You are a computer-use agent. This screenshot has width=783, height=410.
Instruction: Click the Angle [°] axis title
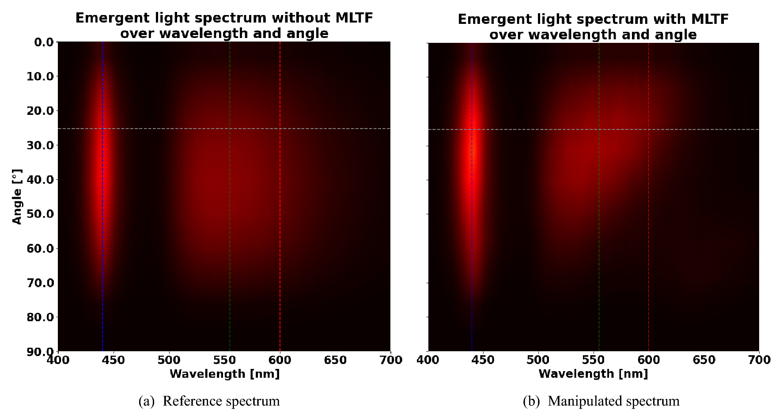coord(17,197)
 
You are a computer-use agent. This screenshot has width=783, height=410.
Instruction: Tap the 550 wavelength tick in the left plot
coord(225,360)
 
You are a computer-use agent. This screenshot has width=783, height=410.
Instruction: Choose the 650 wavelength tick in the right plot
coord(704,360)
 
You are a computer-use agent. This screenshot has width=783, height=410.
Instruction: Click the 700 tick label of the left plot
coord(390,360)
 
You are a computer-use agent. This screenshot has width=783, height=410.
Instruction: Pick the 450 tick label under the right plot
coord(483,360)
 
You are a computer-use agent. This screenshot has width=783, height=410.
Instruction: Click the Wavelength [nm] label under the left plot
coord(225,374)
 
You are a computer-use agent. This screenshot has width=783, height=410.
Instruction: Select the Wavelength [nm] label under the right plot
coord(593,374)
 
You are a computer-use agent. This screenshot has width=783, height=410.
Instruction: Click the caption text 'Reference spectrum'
coord(221,401)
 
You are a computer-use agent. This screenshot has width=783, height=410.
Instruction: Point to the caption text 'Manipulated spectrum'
coord(613,401)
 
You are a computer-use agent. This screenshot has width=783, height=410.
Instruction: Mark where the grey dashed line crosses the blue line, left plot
coord(102,129)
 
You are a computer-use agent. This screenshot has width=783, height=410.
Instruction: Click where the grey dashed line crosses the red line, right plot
coord(648,129)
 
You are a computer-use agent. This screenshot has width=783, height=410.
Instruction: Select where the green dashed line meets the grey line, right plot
coord(599,129)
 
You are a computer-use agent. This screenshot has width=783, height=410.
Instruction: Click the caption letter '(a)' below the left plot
coord(147,401)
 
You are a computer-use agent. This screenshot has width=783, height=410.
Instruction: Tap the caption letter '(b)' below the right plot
coord(531,401)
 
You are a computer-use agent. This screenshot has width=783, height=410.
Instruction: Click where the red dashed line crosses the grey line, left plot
coord(280,129)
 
